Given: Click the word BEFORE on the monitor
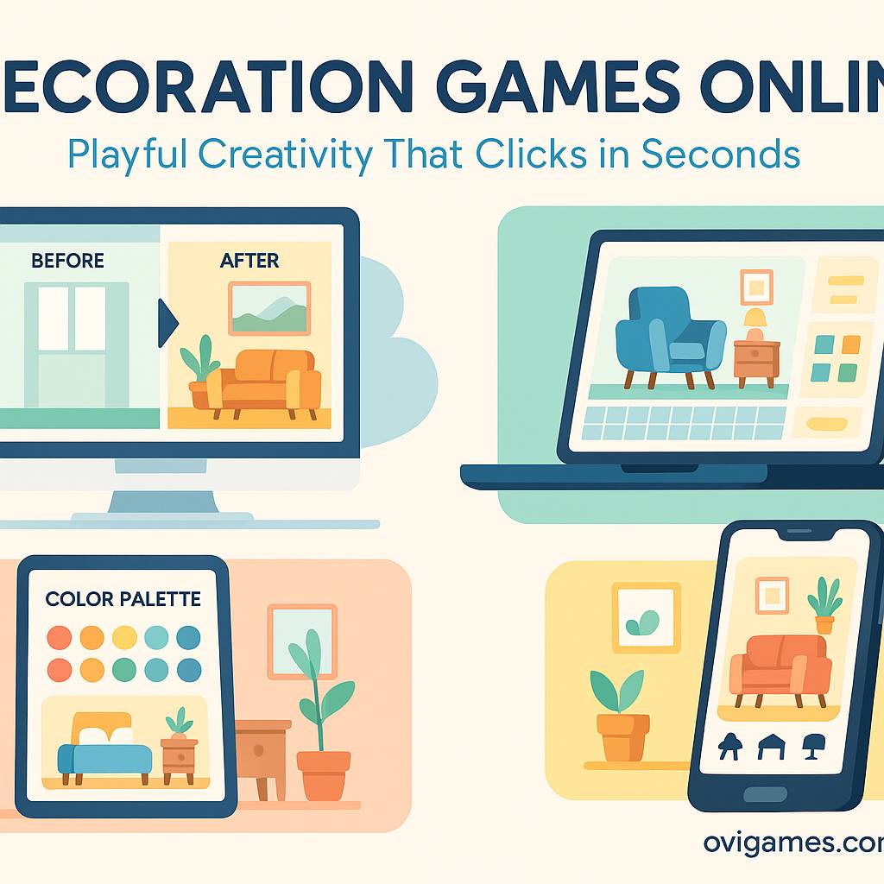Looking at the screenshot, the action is (67, 261).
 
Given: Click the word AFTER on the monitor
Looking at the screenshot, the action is (249, 261).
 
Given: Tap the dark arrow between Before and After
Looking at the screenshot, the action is (168, 323).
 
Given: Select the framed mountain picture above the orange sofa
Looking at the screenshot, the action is (269, 308).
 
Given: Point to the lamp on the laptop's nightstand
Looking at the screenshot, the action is (755, 325).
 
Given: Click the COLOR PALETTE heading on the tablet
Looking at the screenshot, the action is (123, 599).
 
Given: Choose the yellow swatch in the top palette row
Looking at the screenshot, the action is (124, 638).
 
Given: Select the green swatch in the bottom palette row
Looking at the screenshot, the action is (124, 670).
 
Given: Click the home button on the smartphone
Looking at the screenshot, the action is (765, 795).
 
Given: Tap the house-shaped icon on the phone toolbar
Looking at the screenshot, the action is (771, 747).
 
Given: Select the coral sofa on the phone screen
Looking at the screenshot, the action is (780, 668).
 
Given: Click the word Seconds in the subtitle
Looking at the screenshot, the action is (721, 154).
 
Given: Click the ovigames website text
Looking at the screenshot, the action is (793, 843).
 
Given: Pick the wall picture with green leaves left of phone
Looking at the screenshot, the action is (646, 618).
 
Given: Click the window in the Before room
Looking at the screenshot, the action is (72, 319).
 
